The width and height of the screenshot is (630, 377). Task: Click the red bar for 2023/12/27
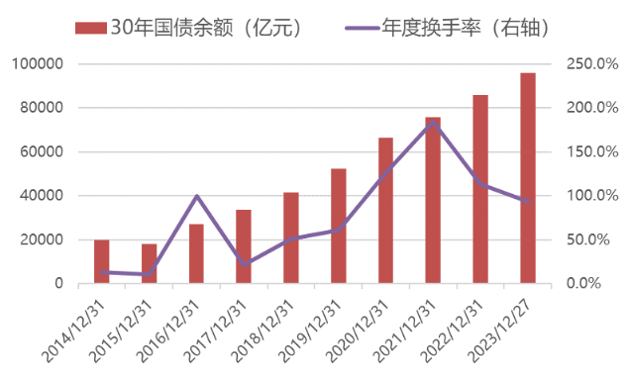528,178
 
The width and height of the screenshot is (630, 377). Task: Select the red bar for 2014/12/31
101,261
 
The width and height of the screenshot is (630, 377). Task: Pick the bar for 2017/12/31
244,246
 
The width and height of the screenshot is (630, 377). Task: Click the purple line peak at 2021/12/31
433,123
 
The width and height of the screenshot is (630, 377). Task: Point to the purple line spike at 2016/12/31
196,196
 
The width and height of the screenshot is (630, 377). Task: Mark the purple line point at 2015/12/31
149,274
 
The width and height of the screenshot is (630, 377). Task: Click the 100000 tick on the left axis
37,64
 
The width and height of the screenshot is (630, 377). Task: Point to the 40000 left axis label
41,196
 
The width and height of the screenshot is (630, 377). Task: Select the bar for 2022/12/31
480,189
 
